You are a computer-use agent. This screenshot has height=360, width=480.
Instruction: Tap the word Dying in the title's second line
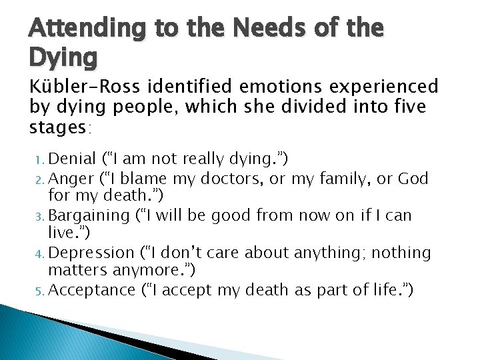63,57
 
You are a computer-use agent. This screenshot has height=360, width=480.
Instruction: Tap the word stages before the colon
59,126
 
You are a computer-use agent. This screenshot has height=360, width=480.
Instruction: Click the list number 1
41,160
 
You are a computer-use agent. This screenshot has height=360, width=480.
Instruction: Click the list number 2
41,179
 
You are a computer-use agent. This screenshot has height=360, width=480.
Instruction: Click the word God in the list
413,179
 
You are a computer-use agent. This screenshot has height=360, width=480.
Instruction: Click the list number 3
41,217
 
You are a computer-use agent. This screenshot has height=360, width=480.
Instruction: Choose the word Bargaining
89,216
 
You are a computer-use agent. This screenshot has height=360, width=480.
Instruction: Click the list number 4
41,254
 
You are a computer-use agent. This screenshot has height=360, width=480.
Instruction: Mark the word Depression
92,253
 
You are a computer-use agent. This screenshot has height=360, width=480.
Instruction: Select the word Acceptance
91,291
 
